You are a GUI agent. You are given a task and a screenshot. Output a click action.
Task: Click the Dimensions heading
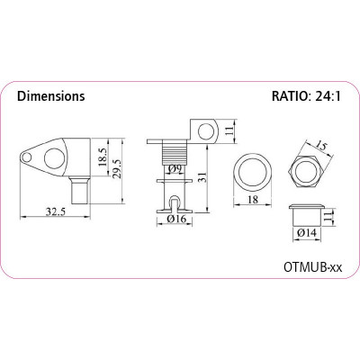point(51,96)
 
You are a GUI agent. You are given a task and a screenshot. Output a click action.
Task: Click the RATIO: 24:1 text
point(306,96)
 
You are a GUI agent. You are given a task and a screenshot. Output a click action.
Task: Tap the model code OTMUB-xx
point(312,266)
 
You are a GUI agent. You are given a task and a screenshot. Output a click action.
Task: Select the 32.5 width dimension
point(55,211)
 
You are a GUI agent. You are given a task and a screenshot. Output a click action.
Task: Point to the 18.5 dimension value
point(102,157)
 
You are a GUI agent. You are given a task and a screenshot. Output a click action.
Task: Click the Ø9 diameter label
point(175,169)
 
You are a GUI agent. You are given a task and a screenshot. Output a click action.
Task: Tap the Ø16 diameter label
point(176,220)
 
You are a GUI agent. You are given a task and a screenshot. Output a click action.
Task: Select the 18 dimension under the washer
point(253,199)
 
